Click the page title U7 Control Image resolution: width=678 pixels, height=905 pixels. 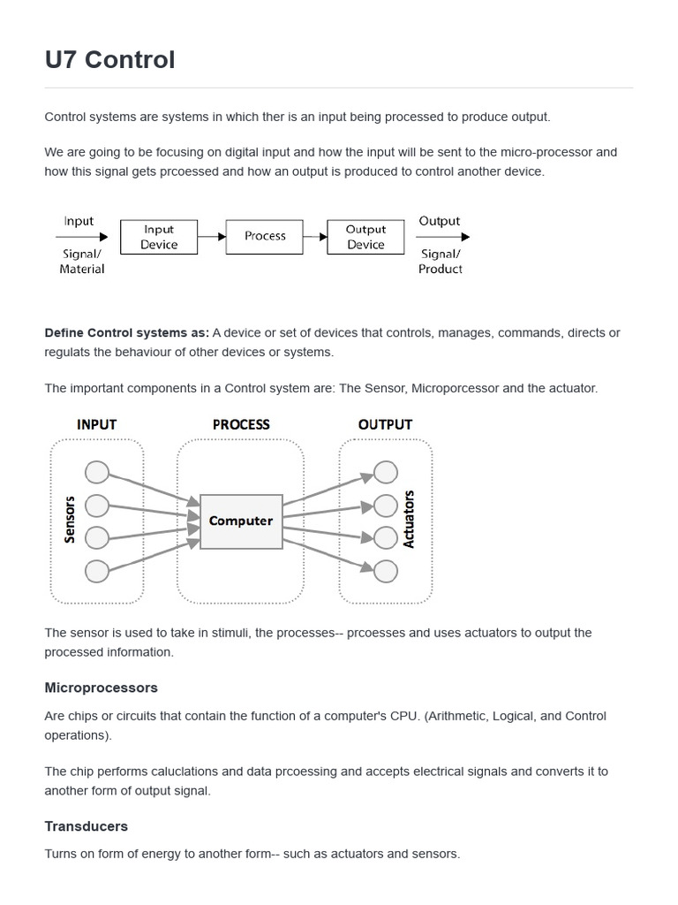pos(109,59)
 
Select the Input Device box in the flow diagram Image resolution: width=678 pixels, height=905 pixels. pos(159,237)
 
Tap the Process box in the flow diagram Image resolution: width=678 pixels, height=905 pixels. pos(265,237)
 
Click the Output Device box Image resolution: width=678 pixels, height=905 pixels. pos(365,237)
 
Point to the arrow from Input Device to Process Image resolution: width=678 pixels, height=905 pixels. pos(212,237)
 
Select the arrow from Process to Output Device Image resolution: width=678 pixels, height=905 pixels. pos(315,237)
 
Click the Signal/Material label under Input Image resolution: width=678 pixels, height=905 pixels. pos(81,262)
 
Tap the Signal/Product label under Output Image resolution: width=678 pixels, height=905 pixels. pos(440,262)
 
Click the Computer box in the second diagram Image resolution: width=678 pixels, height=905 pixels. pos(241,521)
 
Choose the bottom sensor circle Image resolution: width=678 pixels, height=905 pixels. pos(96,571)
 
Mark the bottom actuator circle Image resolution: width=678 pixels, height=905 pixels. pos(386,571)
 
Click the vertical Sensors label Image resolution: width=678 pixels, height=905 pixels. pos(71,519)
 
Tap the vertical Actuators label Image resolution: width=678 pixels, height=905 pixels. pos(409,519)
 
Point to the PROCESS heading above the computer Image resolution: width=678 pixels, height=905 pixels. pos(241,425)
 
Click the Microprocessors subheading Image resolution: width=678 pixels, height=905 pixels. pos(101,688)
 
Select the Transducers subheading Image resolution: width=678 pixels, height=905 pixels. pos(86,826)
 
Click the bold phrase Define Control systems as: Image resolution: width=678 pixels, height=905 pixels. pos(126,333)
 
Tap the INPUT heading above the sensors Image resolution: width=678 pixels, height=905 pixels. pos(96,425)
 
